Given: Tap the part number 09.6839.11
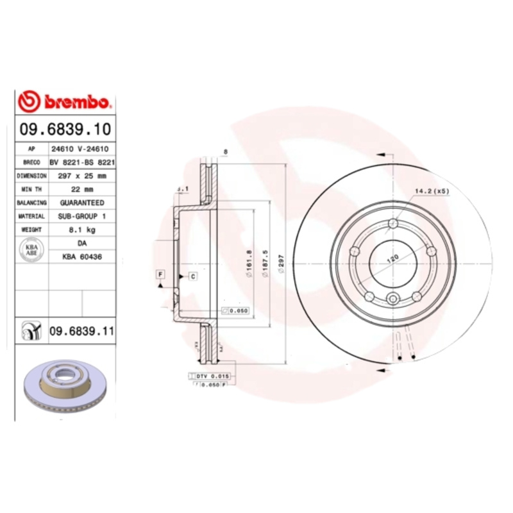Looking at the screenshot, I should (x=81, y=331).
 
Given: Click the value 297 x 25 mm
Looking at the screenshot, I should (x=82, y=175).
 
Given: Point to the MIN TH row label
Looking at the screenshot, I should (x=31, y=189).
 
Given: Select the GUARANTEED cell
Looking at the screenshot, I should (x=82, y=203).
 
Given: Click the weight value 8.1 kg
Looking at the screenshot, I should (x=82, y=230).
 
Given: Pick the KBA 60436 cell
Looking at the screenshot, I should (x=82, y=256).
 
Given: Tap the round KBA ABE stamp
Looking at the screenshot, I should (x=31, y=250).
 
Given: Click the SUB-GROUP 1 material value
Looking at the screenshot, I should (x=82, y=216).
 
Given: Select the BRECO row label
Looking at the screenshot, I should (x=31, y=162).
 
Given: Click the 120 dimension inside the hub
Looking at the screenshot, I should (x=391, y=258).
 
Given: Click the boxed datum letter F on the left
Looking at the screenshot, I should (x=160, y=275).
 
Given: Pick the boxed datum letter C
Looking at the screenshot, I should (x=192, y=276).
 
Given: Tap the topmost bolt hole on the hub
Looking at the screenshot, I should (x=392, y=223).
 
